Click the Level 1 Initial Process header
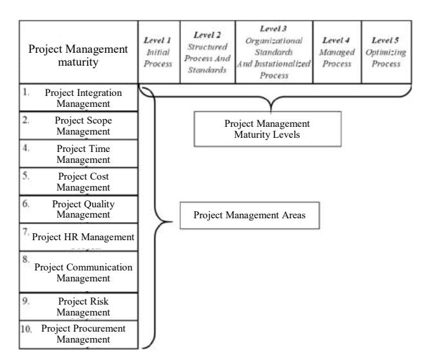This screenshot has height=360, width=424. coord(159,52)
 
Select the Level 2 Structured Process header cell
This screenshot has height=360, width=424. coord(207,52)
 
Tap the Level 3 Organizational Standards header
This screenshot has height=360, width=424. coord(275,52)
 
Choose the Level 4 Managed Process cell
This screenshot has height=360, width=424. coord(337,52)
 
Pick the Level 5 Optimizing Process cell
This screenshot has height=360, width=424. coord(387,52)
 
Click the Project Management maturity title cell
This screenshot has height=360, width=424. coord(79,52)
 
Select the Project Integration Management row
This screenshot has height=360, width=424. coord(79,98)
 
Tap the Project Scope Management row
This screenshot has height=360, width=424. coord(79,126)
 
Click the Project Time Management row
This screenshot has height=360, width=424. coord(79,153)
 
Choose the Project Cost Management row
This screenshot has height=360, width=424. coord(79,182)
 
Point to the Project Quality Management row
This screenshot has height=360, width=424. coord(79,209)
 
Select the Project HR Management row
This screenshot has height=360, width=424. coord(79,237)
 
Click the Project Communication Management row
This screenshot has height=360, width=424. coord(79,272)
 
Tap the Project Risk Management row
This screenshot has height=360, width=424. coord(79,307)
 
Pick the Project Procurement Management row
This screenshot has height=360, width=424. coord(79,335)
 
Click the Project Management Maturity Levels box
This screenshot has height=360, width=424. coord(267,129)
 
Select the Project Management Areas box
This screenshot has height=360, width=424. coord(249,215)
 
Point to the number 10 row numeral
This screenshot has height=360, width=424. coord(26,329)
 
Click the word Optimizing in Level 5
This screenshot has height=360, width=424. coord(386,53)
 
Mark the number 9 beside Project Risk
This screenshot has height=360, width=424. coord(26,301)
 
